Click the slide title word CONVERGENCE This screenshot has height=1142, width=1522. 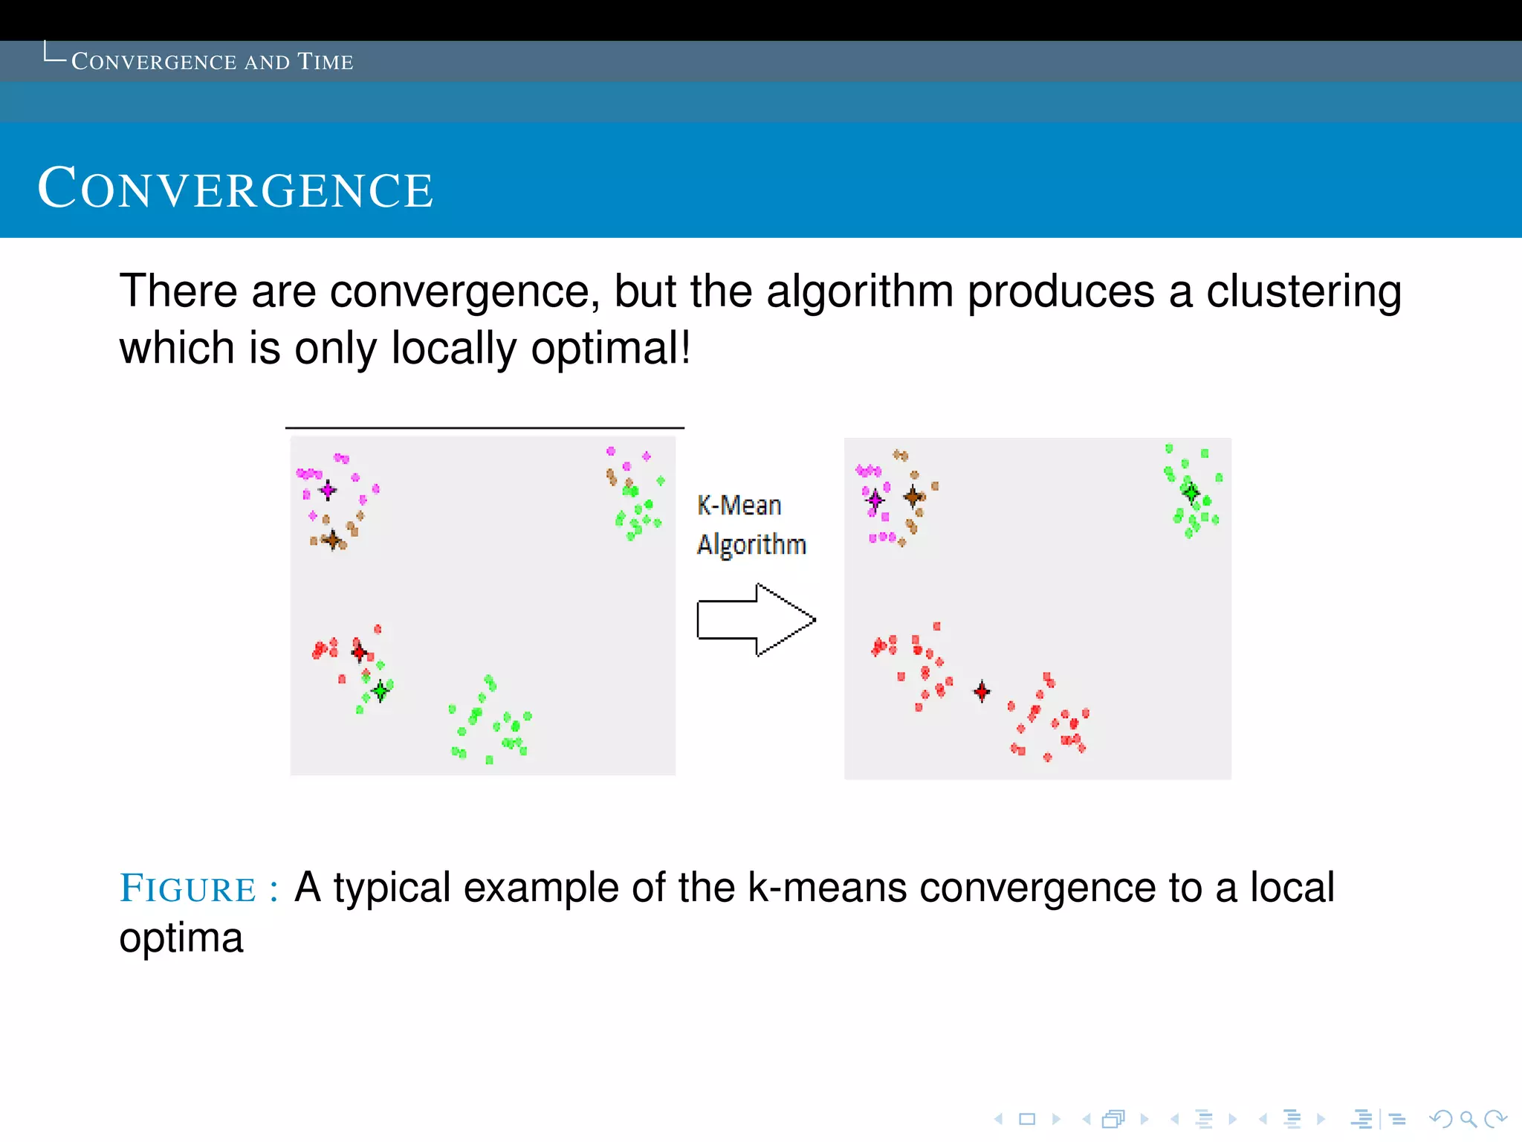coord(235,189)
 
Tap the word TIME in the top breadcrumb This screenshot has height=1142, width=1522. coord(325,62)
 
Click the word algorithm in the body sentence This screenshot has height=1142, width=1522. coord(860,291)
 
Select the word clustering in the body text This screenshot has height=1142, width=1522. coord(1304,291)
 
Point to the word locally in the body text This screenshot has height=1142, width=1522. coord(453,348)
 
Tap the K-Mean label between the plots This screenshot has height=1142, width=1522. coord(739,506)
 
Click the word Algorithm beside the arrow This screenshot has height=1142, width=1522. coord(751,545)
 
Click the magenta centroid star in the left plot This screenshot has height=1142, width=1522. coord(328,490)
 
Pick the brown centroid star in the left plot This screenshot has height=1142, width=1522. coord(333,540)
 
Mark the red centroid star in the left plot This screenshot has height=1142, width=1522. coord(360,652)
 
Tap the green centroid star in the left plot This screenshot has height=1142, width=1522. coord(380,691)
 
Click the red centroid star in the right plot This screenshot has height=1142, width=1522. coord(982,691)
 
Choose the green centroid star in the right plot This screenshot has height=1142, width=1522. coord(1191,492)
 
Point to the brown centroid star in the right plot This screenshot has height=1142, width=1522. coord(913,496)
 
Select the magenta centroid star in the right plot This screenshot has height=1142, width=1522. coord(875,500)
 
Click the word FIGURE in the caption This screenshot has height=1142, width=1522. coord(188,889)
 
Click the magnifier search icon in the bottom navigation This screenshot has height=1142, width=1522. coord(1468,1119)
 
